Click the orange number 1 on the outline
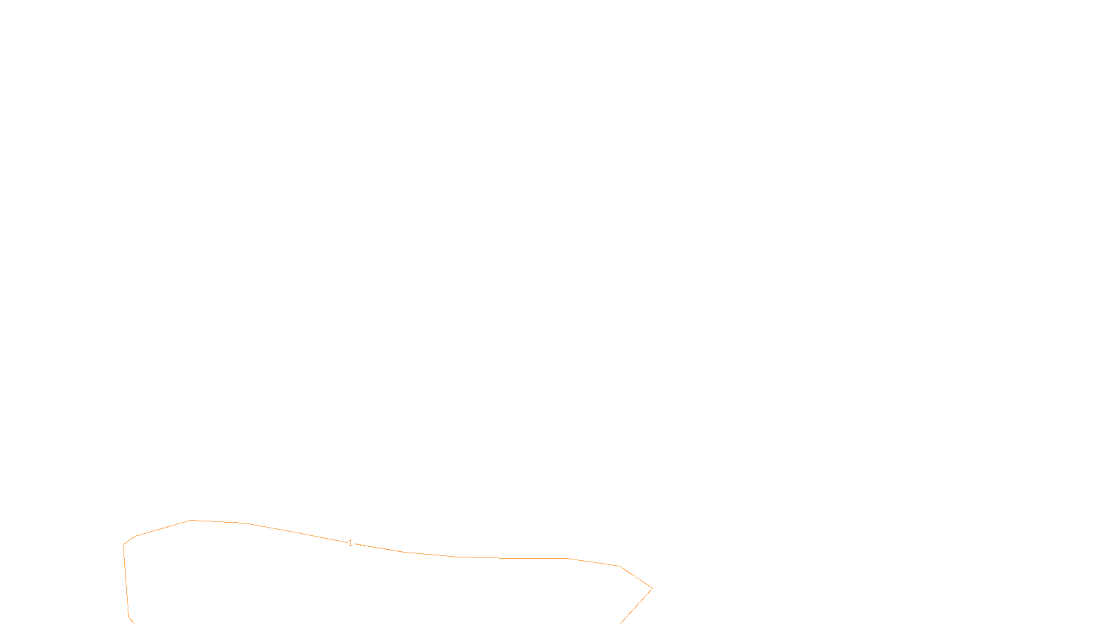pos(350,543)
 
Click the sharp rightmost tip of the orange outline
pos(651,589)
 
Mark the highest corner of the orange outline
pos(191,520)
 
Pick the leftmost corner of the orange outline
pos(123,545)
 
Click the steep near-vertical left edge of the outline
pos(126,581)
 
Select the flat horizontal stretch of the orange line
pos(527,558)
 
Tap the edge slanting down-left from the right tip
pos(636,606)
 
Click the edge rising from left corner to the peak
pos(163,528)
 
